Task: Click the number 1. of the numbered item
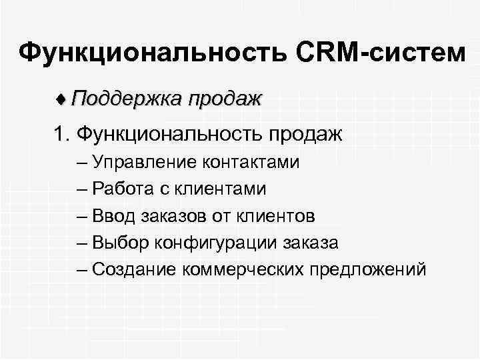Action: [x=63, y=135]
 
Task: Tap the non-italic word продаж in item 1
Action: [x=305, y=135]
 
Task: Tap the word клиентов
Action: [x=275, y=216]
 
